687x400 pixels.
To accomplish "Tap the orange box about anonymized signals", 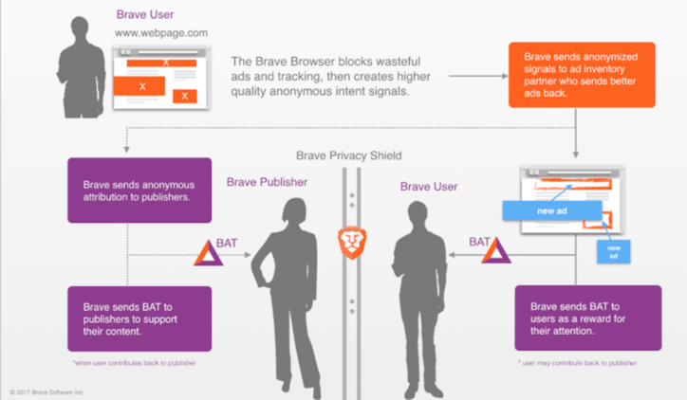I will (582, 76).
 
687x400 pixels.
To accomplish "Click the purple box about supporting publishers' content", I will (139, 318).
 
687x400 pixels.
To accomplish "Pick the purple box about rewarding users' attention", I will (587, 318).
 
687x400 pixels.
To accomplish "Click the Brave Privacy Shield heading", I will (348, 155).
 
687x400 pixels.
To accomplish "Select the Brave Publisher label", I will (268, 181).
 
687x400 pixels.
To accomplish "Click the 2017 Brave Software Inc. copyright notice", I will (46, 390).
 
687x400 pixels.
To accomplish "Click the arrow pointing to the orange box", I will (474, 75).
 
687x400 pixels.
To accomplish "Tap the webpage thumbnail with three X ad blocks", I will (156, 75).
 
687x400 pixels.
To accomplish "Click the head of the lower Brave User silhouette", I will (417, 210).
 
